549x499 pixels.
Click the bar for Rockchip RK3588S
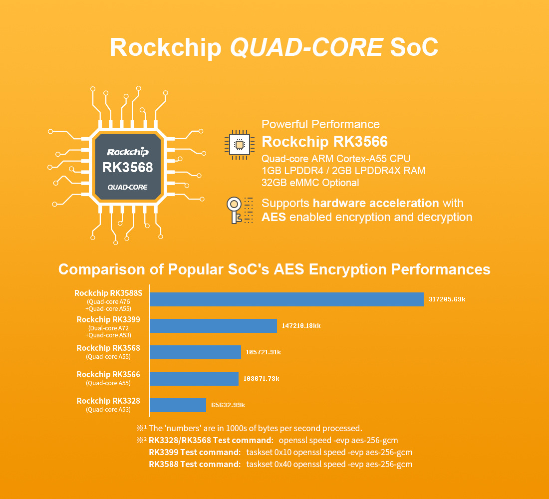click(286, 299)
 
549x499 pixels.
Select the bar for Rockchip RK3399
click(213, 326)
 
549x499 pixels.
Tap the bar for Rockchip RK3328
click(178, 405)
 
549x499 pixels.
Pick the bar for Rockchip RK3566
click(194, 379)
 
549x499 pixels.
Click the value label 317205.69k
click(447, 299)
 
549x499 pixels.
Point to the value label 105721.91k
click(264, 352)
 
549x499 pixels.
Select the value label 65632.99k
click(228, 405)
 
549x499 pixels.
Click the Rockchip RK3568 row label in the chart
click(108, 348)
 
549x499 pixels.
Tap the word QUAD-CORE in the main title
click(306, 47)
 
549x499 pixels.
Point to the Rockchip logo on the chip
click(127, 152)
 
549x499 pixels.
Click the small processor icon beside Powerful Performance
click(239, 145)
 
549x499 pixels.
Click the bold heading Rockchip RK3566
click(324, 142)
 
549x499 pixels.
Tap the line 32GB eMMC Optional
click(310, 183)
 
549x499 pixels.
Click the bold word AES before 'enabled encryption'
click(274, 217)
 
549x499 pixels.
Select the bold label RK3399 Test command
click(195, 452)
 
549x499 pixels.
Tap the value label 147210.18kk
click(301, 326)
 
